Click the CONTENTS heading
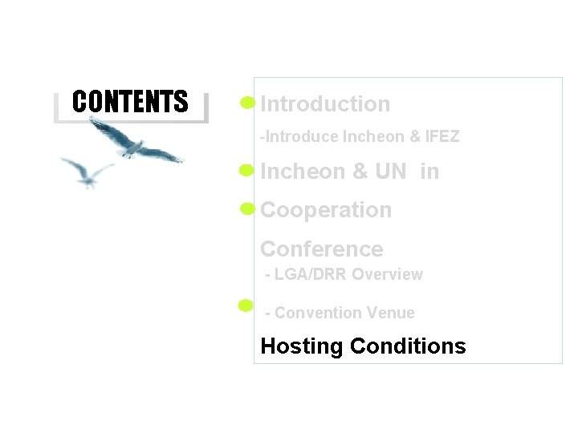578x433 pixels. point(130,102)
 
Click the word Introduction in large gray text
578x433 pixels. point(325,104)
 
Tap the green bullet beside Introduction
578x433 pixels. point(247,103)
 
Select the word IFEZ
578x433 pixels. point(442,137)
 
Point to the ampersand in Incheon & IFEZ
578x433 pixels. point(414,137)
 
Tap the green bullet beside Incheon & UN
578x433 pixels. point(247,170)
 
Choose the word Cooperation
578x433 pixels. point(326,210)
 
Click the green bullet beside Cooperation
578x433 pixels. point(247,209)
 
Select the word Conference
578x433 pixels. point(321,249)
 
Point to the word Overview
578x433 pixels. point(387,274)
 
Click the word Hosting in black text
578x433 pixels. point(302,346)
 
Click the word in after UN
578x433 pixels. point(429,172)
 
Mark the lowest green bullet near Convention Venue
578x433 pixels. point(246,305)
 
